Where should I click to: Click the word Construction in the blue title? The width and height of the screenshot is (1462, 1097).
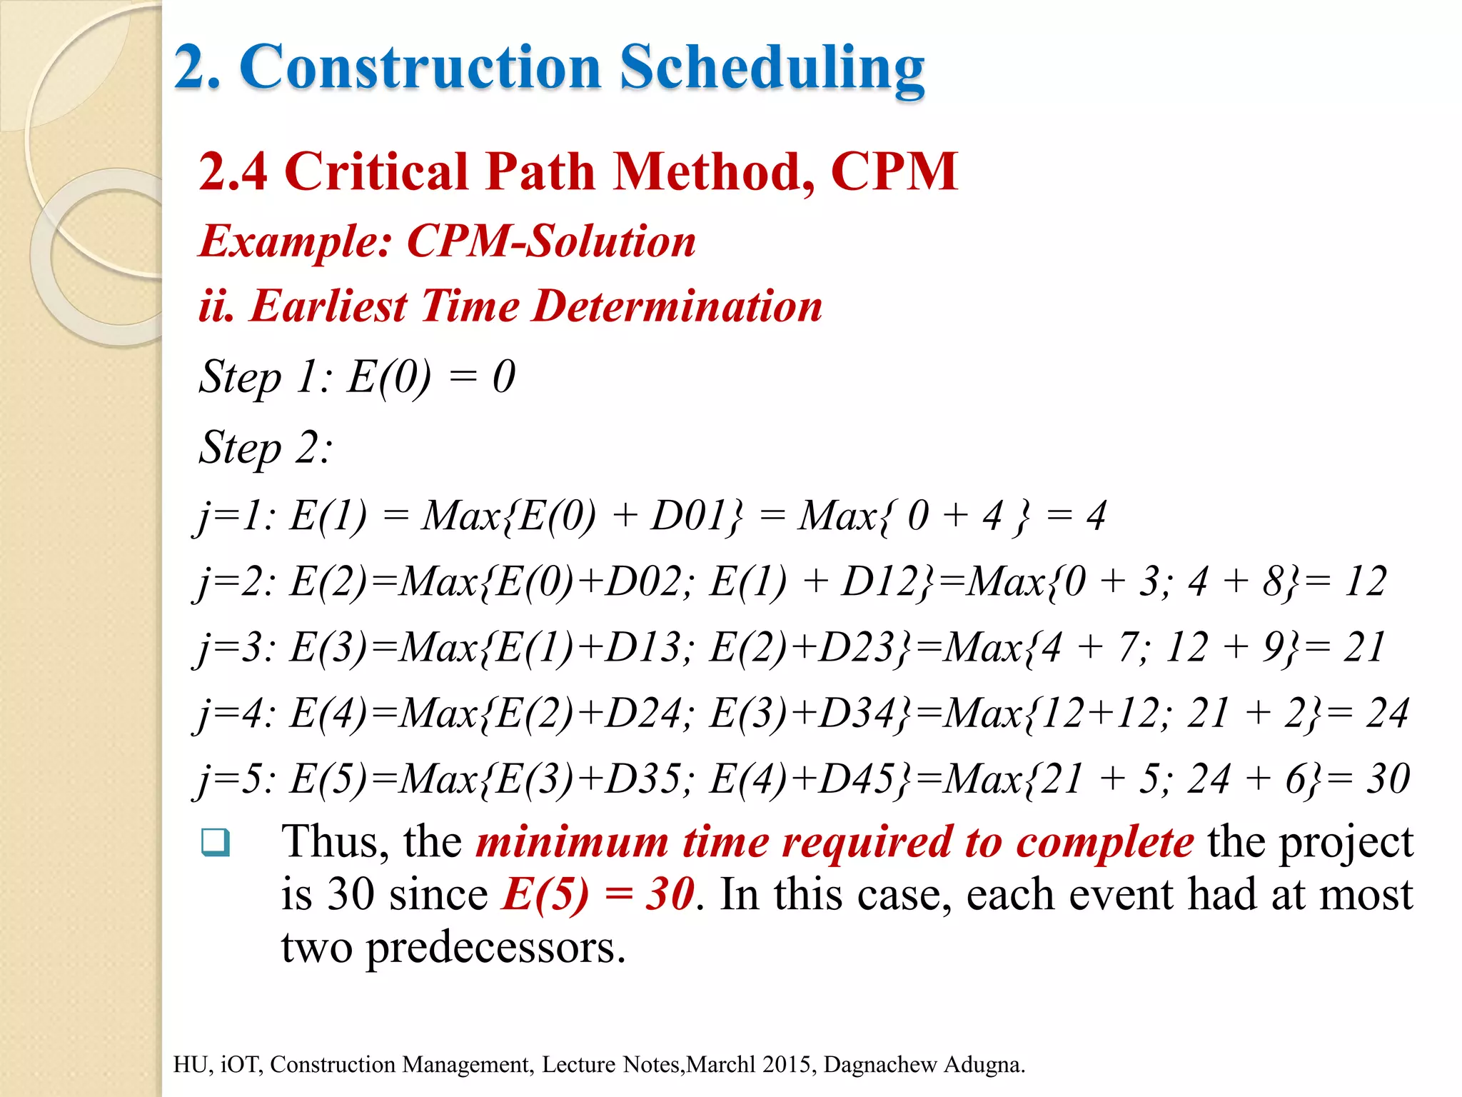[x=421, y=69]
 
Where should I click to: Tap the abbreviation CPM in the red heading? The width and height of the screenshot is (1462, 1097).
[x=894, y=172]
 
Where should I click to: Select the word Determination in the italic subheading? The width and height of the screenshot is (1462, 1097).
[x=678, y=306]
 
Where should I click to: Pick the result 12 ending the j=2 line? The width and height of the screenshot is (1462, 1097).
[x=1365, y=581]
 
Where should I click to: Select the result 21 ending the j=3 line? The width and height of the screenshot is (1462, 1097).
[x=1363, y=648]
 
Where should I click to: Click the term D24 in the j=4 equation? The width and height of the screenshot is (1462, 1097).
[x=642, y=713]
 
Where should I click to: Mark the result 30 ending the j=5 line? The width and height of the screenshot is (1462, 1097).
[x=1388, y=779]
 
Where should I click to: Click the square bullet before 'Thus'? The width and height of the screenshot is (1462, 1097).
[x=216, y=842]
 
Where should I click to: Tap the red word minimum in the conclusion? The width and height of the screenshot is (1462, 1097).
[x=572, y=842]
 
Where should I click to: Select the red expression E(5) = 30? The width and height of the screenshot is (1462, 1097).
[x=598, y=894]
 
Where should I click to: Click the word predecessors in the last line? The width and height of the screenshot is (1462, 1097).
[x=495, y=948]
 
